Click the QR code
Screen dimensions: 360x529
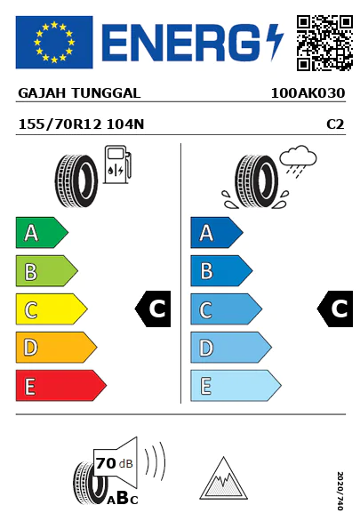point(324,43)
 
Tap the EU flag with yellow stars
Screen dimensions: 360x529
point(54,42)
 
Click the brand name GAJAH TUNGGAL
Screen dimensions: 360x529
point(79,93)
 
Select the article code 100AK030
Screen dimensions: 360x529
point(308,93)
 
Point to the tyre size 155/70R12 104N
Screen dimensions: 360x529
point(81,124)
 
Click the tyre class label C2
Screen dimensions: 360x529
point(335,124)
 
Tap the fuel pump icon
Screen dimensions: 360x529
point(117,164)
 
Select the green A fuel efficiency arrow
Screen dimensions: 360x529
point(42,232)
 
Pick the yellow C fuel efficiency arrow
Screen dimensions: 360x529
point(52,309)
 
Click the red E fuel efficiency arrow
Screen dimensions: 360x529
point(61,386)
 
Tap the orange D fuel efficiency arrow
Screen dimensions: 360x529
point(56,347)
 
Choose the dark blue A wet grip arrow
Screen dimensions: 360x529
point(217,232)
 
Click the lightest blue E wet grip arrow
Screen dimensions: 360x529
point(236,386)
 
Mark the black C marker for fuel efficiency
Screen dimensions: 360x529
point(153,309)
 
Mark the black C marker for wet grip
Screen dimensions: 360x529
point(335,309)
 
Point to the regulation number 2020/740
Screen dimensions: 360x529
point(340,491)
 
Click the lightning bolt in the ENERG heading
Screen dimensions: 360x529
point(275,42)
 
